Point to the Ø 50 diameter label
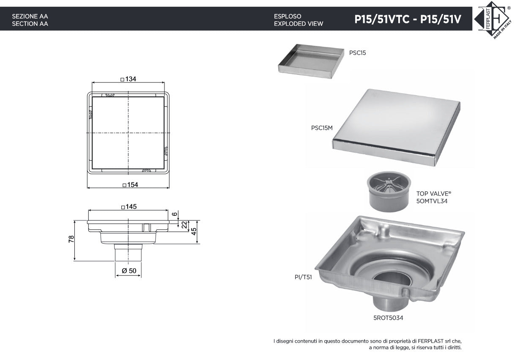pyautogui.click(x=129, y=271)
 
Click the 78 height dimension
pyautogui.click(x=71, y=239)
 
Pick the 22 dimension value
pyautogui.click(x=184, y=225)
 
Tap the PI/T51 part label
pyautogui.click(x=303, y=278)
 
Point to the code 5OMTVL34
pyautogui.click(x=432, y=201)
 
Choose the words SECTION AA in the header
pyautogui.click(x=30, y=24)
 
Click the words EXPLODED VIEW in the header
pyautogui.click(x=298, y=24)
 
